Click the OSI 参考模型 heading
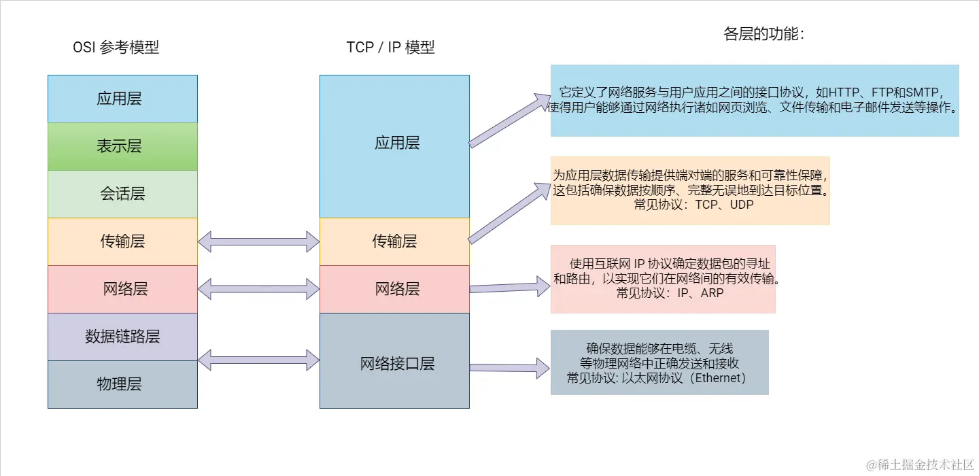point(116,48)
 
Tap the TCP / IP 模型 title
point(390,48)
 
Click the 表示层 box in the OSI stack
point(122,146)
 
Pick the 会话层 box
point(122,194)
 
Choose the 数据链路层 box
point(122,337)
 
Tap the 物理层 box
point(122,384)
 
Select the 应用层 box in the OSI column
point(122,99)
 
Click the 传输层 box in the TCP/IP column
point(394,241)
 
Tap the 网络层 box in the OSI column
point(122,289)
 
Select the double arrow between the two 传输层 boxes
point(258,241)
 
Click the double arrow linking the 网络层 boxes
point(258,289)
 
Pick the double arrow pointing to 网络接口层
point(258,360)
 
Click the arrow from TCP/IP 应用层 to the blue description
point(510,120)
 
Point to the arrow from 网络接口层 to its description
point(510,368)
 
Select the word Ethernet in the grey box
point(718,378)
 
